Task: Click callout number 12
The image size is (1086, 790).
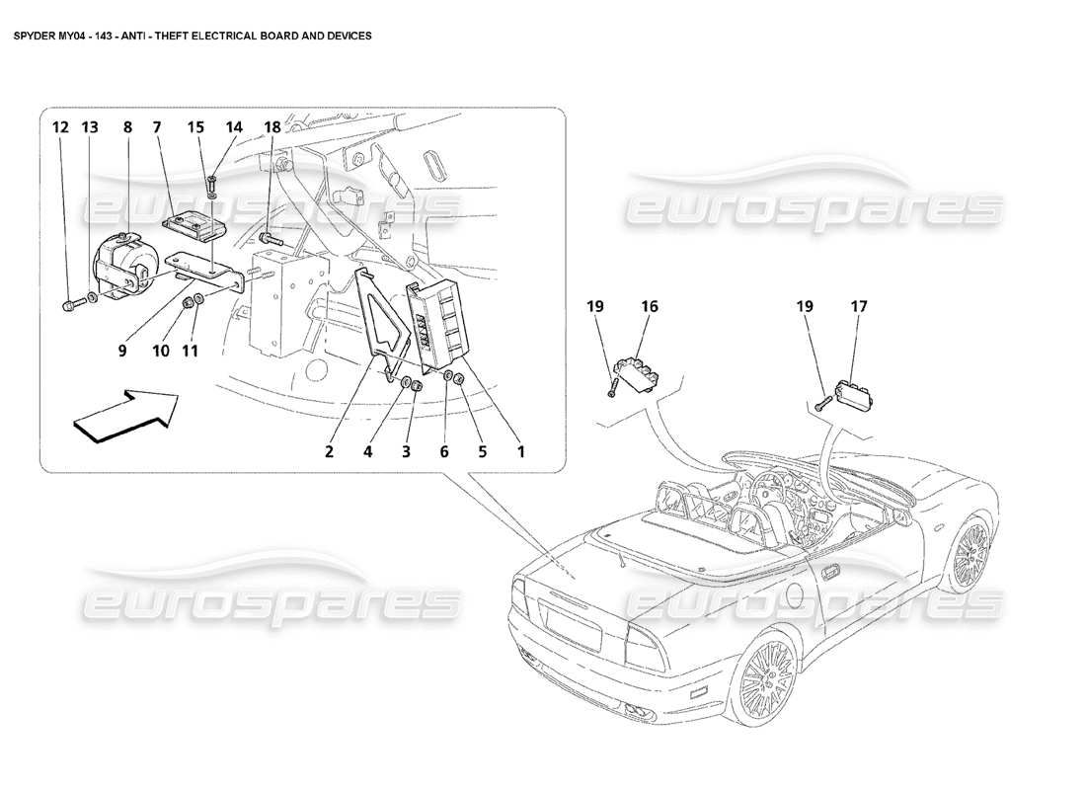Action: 61,127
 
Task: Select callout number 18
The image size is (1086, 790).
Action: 271,127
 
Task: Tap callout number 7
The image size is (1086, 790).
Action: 156,127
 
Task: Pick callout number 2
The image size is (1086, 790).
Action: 330,452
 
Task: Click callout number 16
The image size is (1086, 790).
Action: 651,307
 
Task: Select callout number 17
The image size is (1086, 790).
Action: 859,307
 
